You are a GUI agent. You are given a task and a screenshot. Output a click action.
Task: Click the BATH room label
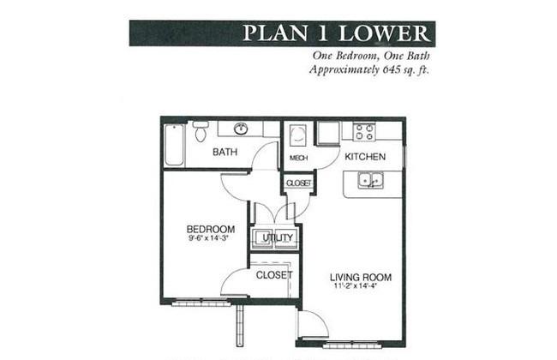point(225,152)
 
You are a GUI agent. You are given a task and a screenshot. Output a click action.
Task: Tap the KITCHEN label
point(365,157)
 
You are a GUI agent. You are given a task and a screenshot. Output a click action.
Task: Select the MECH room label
point(298,158)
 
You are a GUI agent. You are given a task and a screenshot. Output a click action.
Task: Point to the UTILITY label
point(278,237)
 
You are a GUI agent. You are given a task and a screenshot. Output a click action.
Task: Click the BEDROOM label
point(211,229)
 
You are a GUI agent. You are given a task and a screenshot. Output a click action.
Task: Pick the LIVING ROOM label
point(361,277)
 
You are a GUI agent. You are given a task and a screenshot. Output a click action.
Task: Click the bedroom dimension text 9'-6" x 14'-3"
point(208,238)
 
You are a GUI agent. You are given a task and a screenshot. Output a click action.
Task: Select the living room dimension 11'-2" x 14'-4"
point(355,286)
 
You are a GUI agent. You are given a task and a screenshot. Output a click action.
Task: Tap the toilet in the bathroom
point(201,131)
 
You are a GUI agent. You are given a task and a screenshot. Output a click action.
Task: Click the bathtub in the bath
point(175,145)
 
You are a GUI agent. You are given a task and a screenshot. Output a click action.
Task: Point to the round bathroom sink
point(241,129)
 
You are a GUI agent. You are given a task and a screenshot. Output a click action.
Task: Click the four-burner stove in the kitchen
point(364,131)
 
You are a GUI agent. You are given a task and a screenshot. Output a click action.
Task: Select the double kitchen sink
point(370,180)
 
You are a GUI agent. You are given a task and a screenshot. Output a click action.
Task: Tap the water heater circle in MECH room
point(297,135)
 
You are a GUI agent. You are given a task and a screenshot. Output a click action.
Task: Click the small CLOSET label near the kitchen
point(298,183)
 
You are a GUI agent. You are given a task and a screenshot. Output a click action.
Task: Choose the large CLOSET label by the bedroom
point(274,275)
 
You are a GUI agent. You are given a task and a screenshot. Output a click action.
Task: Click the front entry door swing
point(313,324)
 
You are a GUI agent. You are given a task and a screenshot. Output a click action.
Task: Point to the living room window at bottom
point(352,345)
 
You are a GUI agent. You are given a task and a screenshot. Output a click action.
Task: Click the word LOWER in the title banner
point(384,33)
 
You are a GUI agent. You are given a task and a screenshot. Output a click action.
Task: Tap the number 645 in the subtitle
point(391,69)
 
